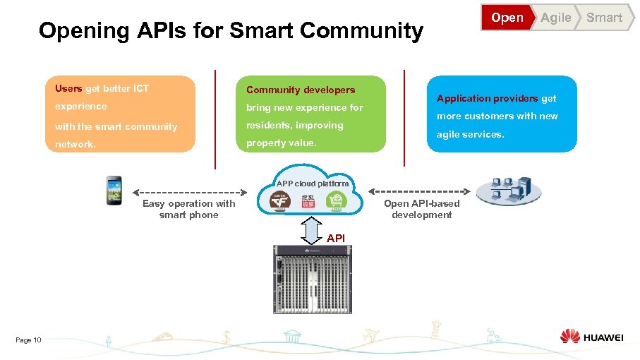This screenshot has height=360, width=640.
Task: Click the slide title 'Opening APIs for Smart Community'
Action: click(x=231, y=31)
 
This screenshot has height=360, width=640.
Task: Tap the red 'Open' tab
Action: click(x=507, y=18)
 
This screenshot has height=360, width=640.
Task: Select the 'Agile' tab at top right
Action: click(x=555, y=18)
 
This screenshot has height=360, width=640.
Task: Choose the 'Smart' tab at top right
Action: click(x=604, y=18)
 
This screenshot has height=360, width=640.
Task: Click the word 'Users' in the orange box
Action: click(x=68, y=89)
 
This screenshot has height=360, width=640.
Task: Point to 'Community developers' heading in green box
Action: click(x=301, y=90)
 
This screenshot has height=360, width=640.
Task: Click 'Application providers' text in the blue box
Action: click(x=487, y=98)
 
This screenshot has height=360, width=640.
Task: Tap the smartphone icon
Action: click(x=114, y=190)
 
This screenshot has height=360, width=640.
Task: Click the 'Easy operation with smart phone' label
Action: click(x=188, y=209)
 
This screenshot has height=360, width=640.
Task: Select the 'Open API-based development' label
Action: click(x=421, y=209)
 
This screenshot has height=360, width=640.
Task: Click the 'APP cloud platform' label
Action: click(x=313, y=184)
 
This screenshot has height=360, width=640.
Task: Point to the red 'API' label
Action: click(x=336, y=239)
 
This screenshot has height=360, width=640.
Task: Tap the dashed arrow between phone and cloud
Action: click(x=188, y=191)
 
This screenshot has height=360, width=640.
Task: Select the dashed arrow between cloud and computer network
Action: click(x=419, y=191)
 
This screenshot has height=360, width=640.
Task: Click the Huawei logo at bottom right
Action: click(x=591, y=337)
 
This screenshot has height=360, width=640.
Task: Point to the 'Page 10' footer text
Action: click(x=28, y=340)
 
